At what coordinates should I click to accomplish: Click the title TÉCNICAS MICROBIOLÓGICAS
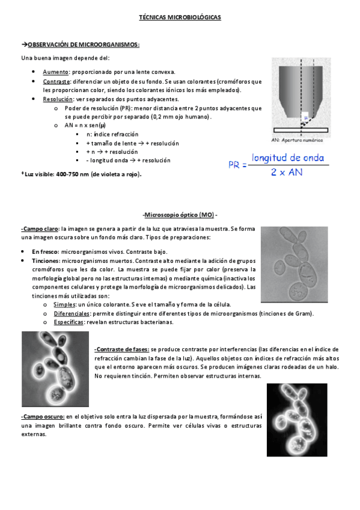(180, 18)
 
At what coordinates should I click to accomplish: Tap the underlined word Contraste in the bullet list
(56, 81)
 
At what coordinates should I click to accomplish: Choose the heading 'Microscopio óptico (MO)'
(180, 215)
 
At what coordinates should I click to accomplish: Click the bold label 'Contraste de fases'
(122, 349)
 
